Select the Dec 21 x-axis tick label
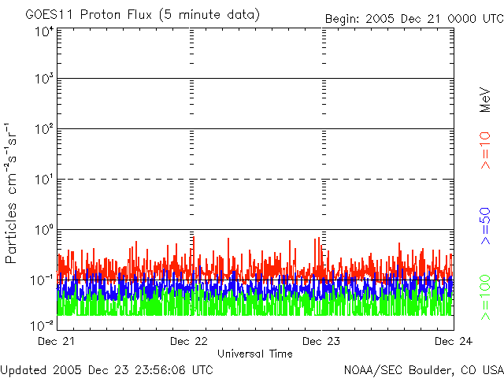pyautogui.click(x=56, y=341)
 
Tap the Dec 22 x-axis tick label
pyautogui.click(x=189, y=341)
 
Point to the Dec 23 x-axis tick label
pyautogui.click(x=321, y=341)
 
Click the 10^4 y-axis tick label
pyautogui.click(x=43, y=31)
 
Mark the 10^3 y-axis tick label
pyautogui.click(x=43, y=79)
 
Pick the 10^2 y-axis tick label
pyautogui.click(x=43, y=128)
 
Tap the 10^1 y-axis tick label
pyautogui.click(x=43, y=179)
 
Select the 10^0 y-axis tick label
pyautogui.click(x=43, y=229)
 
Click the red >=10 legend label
pyautogui.click(x=486, y=150)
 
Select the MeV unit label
pyautogui.click(x=486, y=99)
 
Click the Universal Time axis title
pyautogui.click(x=254, y=354)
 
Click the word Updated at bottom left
pyautogui.click(x=23, y=369)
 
